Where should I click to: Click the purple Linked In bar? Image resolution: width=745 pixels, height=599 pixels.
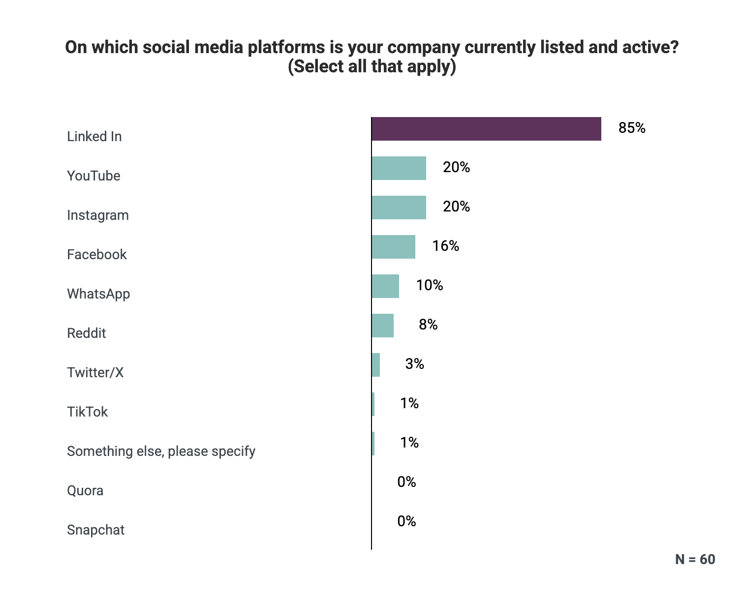click(x=486, y=129)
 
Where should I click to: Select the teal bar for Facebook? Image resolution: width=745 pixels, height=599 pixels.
click(x=394, y=247)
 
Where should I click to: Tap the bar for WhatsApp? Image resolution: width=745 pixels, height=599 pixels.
click(x=385, y=286)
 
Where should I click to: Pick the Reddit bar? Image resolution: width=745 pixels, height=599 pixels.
click(x=383, y=326)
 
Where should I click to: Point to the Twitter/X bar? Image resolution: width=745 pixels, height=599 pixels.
click(x=376, y=365)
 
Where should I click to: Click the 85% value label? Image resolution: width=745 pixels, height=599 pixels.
click(x=632, y=128)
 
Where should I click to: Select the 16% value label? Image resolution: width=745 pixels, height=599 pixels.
click(x=445, y=246)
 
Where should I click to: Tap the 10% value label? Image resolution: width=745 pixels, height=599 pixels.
click(x=429, y=286)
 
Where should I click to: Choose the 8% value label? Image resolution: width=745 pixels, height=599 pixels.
click(x=428, y=325)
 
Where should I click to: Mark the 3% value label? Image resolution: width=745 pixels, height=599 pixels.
click(x=415, y=364)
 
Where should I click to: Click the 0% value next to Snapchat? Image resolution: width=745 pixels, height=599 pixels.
click(x=406, y=521)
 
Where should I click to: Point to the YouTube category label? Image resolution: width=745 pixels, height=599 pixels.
click(x=93, y=176)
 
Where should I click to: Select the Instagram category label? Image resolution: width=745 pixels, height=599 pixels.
click(x=98, y=215)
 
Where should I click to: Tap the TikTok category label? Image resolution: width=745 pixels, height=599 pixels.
click(x=87, y=412)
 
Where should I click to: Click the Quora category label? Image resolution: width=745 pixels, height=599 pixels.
click(x=85, y=491)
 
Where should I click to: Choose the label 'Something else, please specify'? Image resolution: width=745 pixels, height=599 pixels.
click(x=161, y=451)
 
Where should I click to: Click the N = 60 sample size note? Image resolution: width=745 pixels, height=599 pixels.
click(x=695, y=559)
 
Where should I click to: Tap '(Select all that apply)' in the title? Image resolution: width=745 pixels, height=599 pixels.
click(x=372, y=66)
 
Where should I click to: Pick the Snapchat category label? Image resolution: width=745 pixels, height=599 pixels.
click(x=95, y=530)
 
